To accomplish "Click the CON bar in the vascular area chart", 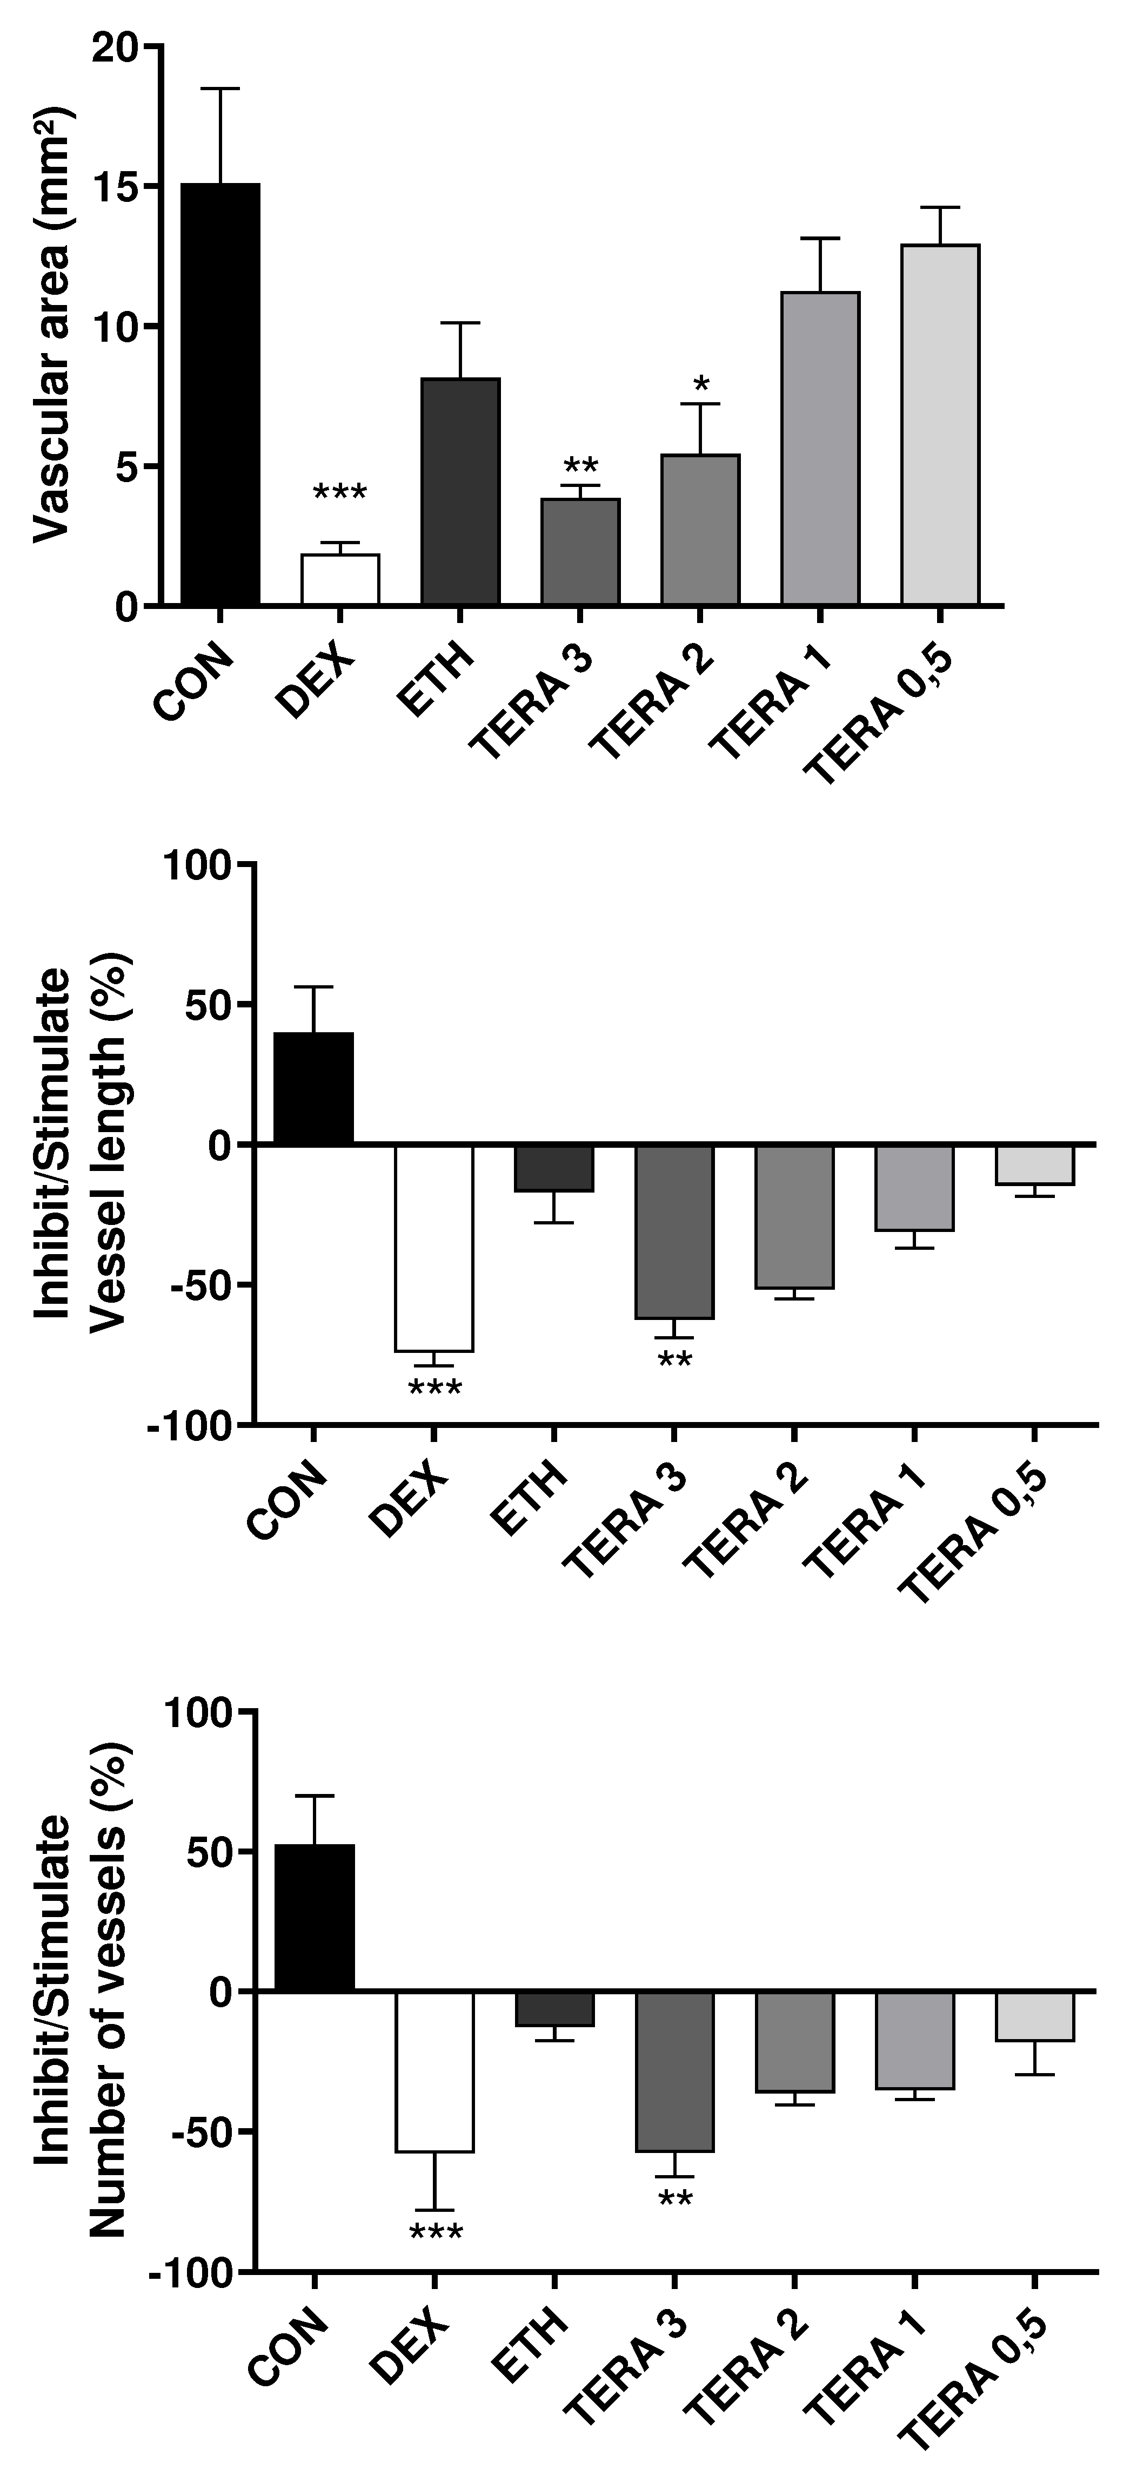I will coord(220,395).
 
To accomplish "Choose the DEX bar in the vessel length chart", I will coord(434,1248).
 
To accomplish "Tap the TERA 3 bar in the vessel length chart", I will coord(674,1231).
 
